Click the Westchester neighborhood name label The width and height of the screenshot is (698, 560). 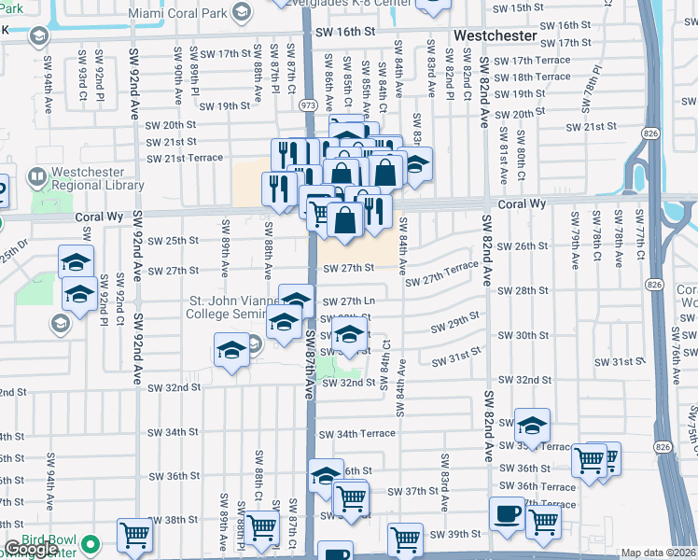[x=495, y=35]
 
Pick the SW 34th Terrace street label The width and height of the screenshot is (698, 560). [x=356, y=434]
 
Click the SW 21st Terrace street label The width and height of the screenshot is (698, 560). [x=186, y=158]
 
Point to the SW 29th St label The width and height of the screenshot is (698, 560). [x=454, y=324]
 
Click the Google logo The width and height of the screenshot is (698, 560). [x=30, y=550]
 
